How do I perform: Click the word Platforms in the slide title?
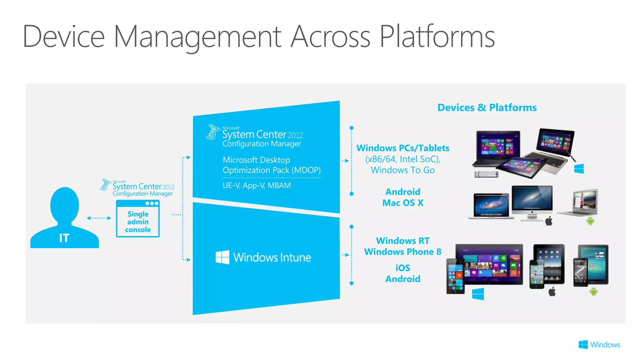(x=437, y=37)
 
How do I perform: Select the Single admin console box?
(x=138, y=219)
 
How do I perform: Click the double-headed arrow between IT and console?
(x=99, y=218)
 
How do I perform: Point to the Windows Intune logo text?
(x=272, y=257)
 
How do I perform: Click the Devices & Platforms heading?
(x=487, y=107)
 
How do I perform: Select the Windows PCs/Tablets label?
(x=403, y=148)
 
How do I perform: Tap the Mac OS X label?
(x=403, y=203)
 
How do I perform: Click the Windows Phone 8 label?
(x=403, y=252)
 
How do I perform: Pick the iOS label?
(x=403, y=268)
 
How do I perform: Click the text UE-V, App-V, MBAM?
(x=257, y=186)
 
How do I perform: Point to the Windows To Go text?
(x=403, y=170)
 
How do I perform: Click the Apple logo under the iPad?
(x=552, y=292)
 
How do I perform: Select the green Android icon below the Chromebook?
(x=590, y=221)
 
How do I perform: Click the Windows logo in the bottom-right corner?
(x=583, y=345)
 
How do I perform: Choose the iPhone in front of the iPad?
(x=537, y=274)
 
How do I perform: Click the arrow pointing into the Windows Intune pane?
(x=188, y=260)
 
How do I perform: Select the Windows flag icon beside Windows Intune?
(x=222, y=257)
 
